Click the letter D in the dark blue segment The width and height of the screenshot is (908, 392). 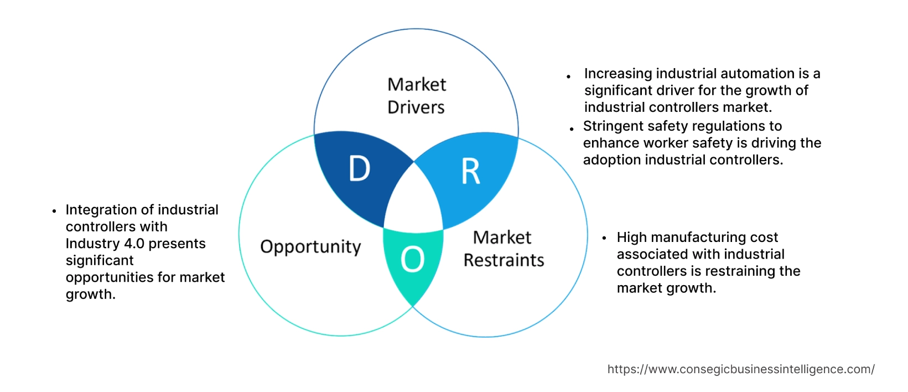(359, 169)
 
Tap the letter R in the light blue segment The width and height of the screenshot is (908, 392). (471, 172)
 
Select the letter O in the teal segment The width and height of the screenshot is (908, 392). (412, 259)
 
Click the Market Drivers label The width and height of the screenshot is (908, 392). (416, 96)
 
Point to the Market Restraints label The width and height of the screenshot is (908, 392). (504, 249)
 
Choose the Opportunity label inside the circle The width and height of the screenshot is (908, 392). (310, 247)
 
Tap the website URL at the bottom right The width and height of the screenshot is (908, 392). (741, 369)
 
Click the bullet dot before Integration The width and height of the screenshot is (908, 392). (54, 211)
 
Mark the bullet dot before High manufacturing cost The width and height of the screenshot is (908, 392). (605, 238)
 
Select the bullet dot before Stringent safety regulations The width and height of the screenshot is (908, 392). (572, 129)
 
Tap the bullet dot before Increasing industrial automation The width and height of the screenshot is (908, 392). (569, 76)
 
